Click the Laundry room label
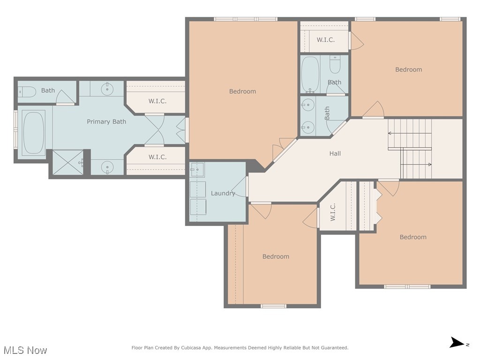(x=223, y=193)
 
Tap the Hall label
(x=335, y=153)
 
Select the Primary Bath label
(x=106, y=121)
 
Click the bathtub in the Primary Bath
(x=34, y=133)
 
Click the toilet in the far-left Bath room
(x=27, y=91)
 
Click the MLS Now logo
(x=25, y=350)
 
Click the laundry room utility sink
(x=197, y=169)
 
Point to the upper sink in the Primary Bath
(x=107, y=88)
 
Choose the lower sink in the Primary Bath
(x=107, y=167)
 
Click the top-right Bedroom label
(x=408, y=69)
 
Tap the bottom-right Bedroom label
(x=413, y=237)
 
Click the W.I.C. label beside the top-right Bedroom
(x=325, y=40)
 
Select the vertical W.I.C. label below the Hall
(x=333, y=212)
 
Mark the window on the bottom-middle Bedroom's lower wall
(x=273, y=306)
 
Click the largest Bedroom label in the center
(x=242, y=91)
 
